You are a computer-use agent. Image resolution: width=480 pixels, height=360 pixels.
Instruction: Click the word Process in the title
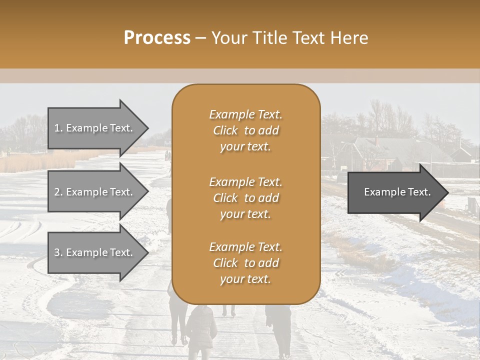[x=157, y=38]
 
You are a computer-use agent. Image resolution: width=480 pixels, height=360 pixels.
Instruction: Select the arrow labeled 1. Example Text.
[x=95, y=128]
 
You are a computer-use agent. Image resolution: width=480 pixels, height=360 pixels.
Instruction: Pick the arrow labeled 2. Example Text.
[x=95, y=192]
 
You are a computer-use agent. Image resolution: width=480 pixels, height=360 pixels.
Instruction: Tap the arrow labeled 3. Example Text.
[x=95, y=252]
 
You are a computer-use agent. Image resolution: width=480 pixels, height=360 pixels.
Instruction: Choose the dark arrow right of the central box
[x=395, y=192]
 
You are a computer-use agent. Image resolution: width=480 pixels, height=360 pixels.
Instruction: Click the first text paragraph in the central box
[x=245, y=130]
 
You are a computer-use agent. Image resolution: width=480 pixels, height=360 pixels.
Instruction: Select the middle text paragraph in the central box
[x=245, y=197]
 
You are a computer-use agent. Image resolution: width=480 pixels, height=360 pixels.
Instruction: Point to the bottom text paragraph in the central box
[x=245, y=262]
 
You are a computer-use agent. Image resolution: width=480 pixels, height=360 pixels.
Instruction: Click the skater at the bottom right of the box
[x=279, y=327]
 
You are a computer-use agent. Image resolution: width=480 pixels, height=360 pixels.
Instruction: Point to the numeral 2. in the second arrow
[x=58, y=192]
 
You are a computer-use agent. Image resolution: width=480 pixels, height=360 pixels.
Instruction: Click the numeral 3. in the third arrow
[x=58, y=252]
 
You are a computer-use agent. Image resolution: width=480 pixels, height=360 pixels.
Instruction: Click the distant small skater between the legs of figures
[x=229, y=310]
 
